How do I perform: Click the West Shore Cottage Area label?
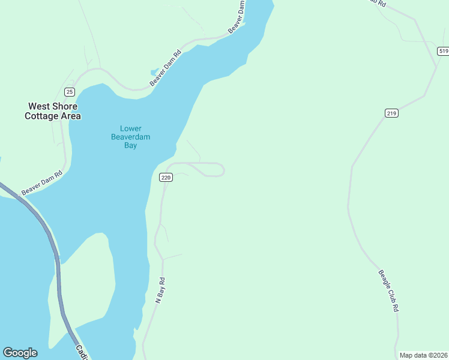(x=52, y=111)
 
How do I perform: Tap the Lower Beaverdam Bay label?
(x=130, y=137)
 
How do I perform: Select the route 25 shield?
(x=70, y=92)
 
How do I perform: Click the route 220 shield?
(x=166, y=178)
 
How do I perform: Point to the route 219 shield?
(x=391, y=113)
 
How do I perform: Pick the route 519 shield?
(x=443, y=52)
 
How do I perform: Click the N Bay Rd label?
(x=160, y=290)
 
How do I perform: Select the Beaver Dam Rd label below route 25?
(x=42, y=183)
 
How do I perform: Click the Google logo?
(x=20, y=353)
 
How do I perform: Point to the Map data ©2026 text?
(x=423, y=355)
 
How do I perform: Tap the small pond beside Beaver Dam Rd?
(x=155, y=72)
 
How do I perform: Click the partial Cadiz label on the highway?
(x=81, y=352)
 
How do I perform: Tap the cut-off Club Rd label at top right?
(x=377, y=3)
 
